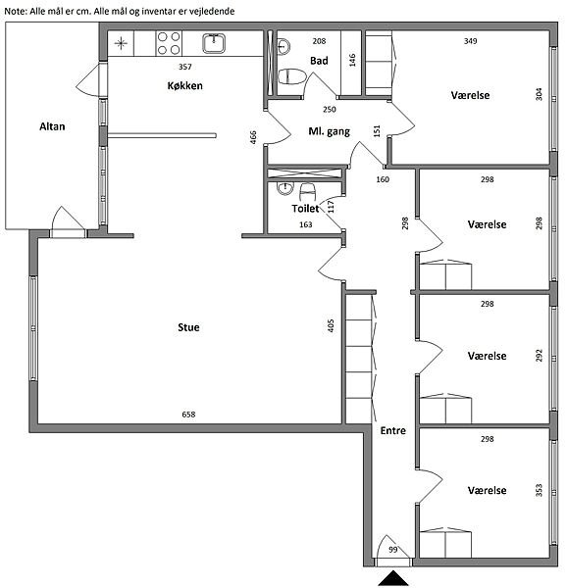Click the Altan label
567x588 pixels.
tap(52, 126)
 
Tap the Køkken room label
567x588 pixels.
tap(185, 85)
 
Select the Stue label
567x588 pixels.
tap(188, 327)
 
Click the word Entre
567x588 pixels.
tap(393, 430)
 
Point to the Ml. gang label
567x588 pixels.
tap(329, 131)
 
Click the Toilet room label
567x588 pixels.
tap(305, 209)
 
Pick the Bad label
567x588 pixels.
tap(319, 61)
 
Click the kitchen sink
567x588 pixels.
tap(214, 43)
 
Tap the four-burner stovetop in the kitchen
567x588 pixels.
tap(169, 43)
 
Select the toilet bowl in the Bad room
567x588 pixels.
tap(292, 76)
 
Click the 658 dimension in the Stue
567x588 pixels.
tap(188, 415)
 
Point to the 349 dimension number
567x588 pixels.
tap(470, 41)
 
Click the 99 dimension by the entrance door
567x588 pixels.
tap(393, 550)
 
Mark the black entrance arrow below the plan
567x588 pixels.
tap(393, 578)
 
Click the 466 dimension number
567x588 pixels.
tap(253, 137)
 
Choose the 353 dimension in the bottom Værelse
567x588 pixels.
tap(539, 490)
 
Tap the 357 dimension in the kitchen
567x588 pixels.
tap(185, 67)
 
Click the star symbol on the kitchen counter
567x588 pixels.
tap(121, 43)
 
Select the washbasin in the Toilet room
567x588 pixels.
tap(285, 188)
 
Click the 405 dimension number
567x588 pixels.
tap(331, 325)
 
